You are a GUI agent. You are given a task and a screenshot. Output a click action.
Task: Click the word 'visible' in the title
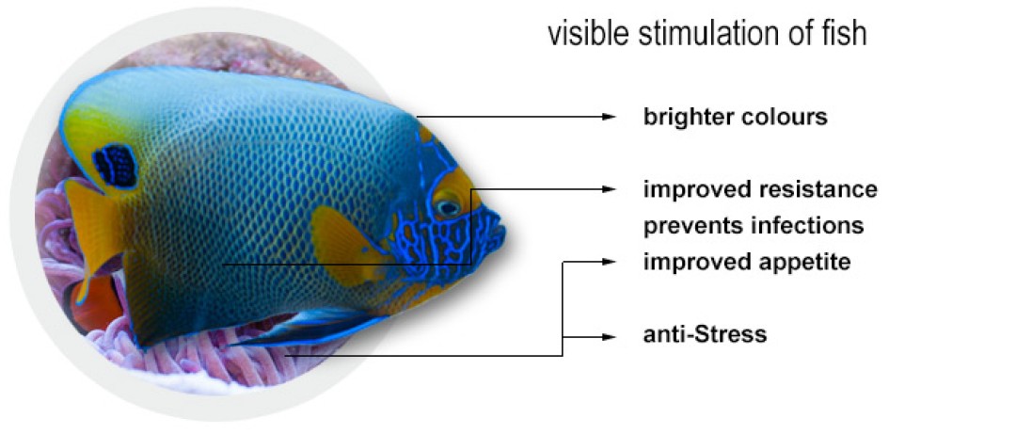589,34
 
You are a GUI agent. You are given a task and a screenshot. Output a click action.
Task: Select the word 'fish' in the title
845,34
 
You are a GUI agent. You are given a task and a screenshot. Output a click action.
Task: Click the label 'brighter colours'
736,118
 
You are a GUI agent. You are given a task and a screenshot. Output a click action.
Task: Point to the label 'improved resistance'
760,190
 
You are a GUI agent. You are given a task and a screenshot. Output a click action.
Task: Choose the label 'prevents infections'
754,226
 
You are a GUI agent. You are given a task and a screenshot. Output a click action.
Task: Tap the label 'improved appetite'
746,263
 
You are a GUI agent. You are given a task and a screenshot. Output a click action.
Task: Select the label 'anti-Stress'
705,334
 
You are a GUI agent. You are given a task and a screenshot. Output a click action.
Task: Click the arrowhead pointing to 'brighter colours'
608,117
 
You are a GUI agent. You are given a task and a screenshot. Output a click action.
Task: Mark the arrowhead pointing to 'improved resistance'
608,189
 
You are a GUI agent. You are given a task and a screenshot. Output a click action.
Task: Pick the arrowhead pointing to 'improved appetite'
608,262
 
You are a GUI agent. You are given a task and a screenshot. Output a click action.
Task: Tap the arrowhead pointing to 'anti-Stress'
608,337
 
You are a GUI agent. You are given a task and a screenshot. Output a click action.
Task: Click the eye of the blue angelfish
448,208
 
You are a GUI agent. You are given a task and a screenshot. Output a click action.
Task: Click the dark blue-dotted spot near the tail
115,167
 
